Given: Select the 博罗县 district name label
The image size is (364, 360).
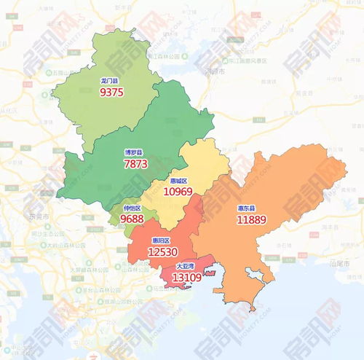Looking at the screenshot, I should (134, 153).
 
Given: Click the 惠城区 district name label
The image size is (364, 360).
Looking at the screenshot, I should (178, 181).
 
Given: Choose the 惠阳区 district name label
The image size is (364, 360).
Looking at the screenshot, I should (161, 240).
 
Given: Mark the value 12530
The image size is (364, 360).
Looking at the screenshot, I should (162, 251).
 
